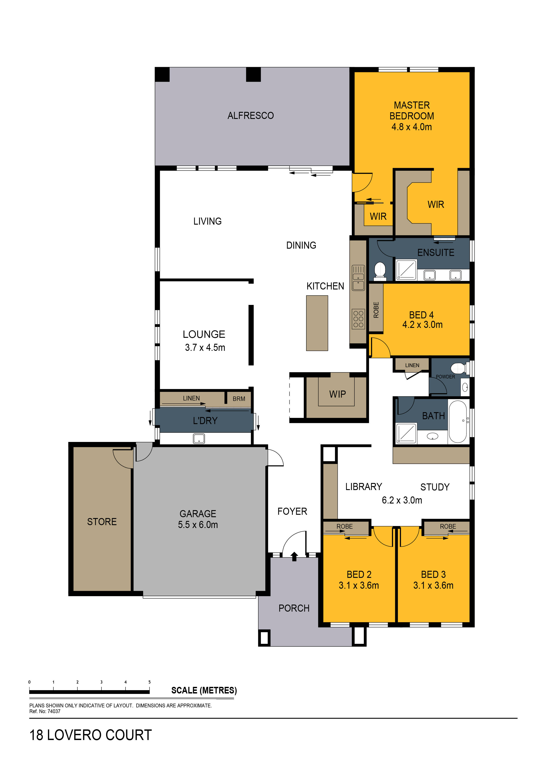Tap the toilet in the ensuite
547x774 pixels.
point(380,271)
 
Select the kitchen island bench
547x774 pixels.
point(317,323)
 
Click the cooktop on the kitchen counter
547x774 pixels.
point(358,319)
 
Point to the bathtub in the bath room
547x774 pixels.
point(457,421)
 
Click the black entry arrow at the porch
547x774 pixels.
point(294,556)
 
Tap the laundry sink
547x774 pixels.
point(199,438)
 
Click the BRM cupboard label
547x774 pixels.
point(239,399)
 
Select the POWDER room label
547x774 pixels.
point(445,377)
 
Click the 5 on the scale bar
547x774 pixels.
point(149,682)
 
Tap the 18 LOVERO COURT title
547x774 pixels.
point(91,735)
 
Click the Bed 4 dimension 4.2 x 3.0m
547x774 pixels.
point(422,325)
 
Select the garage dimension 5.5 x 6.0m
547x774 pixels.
point(198,524)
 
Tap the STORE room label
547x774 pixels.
point(102,522)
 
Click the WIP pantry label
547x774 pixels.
point(337,394)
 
